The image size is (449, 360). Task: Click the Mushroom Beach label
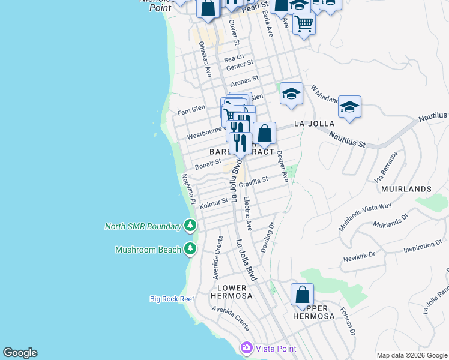148,249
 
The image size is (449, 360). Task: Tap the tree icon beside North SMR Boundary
191,226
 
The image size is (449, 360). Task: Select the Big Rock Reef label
172,299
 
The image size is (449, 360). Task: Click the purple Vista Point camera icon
246,347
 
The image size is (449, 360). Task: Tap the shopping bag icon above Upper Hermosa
302,295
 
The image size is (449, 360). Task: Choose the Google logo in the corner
20,353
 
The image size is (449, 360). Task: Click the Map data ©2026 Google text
411,355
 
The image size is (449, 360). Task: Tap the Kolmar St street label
214,203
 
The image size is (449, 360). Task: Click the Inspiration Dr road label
427,247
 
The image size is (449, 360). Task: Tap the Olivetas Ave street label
206,59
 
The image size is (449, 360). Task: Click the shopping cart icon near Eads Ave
304,24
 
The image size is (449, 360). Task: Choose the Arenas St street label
244,79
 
